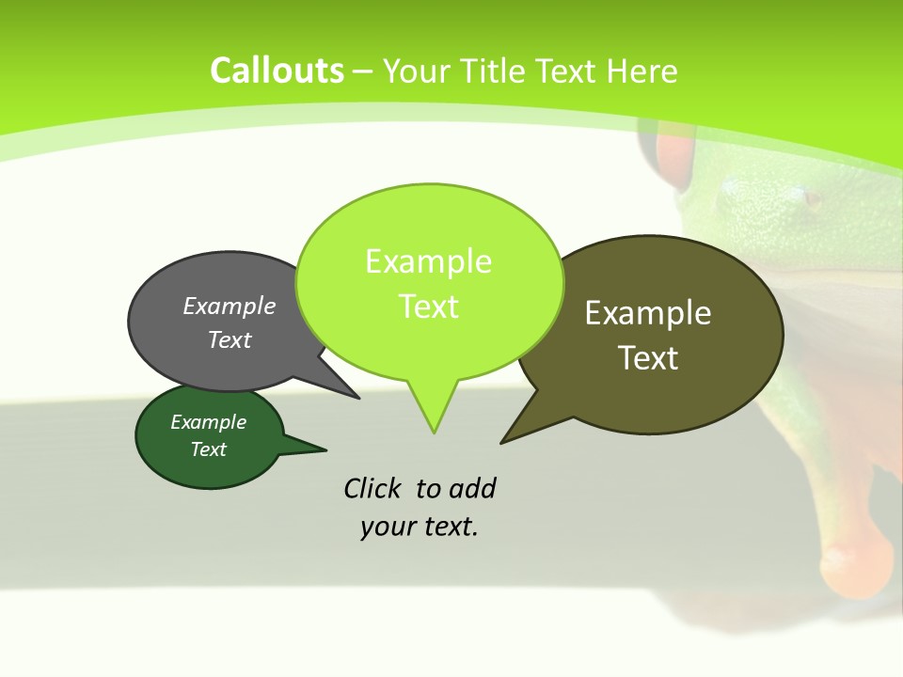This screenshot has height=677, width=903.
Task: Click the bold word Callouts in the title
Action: click(277, 71)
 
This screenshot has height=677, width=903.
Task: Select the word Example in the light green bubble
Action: click(428, 260)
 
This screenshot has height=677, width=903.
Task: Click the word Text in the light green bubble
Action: click(428, 306)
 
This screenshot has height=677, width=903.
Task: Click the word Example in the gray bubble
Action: click(230, 306)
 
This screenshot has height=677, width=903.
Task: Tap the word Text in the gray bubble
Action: click(230, 339)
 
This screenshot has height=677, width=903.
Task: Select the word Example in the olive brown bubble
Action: click(648, 312)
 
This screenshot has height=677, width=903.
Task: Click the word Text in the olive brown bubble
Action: click(648, 357)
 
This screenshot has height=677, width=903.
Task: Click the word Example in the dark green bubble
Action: click(208, 422)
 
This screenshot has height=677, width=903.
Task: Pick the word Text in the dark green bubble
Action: click(208, 449)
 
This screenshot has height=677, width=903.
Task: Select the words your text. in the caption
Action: click(419, 527)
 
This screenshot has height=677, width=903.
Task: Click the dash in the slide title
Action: click(363, 71)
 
